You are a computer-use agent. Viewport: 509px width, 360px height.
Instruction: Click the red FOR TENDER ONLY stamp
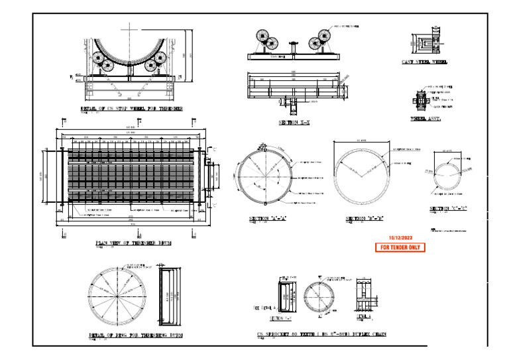400,247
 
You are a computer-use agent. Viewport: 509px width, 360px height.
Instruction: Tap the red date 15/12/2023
400,237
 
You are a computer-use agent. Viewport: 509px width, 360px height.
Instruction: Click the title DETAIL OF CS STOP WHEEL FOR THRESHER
131,108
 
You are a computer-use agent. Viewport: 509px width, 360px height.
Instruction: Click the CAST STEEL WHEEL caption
424,62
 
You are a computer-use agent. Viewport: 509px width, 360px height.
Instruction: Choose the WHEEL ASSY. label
425,119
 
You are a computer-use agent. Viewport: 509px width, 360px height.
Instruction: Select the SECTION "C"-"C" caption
448,209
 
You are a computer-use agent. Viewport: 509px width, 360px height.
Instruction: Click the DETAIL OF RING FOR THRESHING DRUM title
135,335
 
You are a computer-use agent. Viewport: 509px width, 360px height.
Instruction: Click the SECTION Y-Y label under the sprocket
286,318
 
